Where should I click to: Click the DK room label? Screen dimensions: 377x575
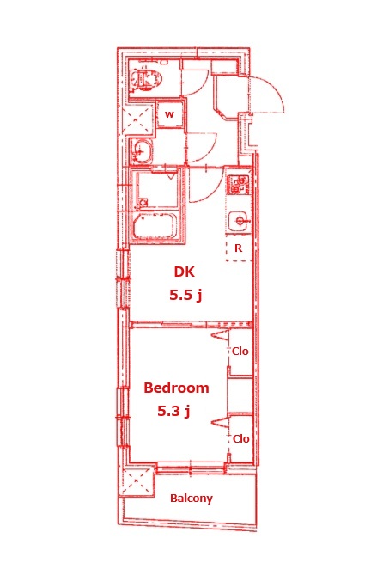pos(184,272)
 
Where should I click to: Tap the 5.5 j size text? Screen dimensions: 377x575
pos(185,295)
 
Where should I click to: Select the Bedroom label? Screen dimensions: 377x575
pos(176,388)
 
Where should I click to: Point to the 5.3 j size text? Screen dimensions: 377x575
pos(173,411)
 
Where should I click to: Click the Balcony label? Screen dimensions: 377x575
pos(192,499)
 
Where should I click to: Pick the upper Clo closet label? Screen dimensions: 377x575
pos(240,352)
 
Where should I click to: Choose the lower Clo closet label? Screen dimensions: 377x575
pos(241,438)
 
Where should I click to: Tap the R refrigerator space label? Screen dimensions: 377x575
pos(238,248)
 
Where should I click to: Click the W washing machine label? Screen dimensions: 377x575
pos(169,114)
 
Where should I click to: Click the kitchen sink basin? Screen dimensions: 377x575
pos(239,221)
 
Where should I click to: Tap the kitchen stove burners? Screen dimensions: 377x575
pos(239,185)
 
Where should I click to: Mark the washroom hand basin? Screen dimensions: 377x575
pos(141,151)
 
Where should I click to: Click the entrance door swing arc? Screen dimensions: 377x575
pos(277,89)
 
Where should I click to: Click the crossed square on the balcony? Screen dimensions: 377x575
pos(137,480)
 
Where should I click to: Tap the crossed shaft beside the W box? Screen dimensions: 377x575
pos(138,119)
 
